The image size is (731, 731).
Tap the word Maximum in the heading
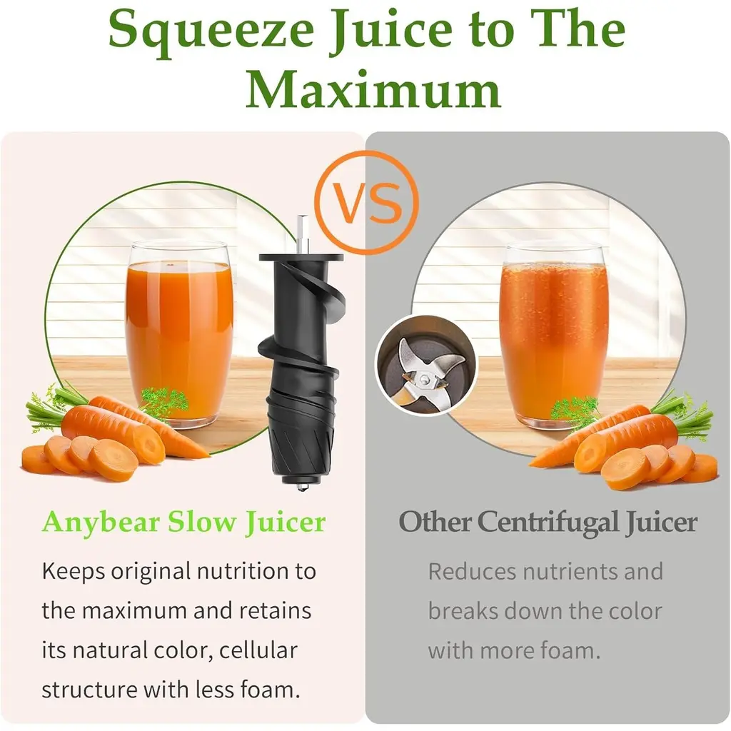373,89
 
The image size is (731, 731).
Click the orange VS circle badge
366,203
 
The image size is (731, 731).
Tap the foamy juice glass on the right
554,336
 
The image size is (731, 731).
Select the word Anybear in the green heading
101,522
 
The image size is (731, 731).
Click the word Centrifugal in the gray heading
548,522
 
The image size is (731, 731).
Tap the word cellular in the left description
258,650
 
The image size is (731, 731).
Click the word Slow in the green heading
202,522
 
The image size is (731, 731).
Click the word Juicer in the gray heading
662,522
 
